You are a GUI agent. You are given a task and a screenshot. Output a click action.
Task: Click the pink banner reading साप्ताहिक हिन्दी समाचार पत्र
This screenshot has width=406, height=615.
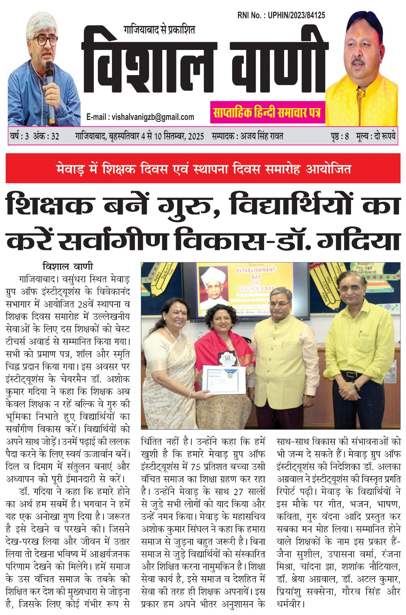[267, 113]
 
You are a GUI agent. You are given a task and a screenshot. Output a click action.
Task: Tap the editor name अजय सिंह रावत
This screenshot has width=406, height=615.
[261, 136]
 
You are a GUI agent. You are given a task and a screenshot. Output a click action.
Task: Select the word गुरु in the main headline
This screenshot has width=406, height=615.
[186, 205]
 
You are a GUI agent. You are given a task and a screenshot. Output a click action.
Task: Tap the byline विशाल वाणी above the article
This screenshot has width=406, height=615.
[68, 266]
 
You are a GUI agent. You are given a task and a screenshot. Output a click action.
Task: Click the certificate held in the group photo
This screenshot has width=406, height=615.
[224, 380]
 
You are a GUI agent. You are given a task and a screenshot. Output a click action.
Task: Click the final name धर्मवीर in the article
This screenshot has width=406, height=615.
[290, 603]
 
